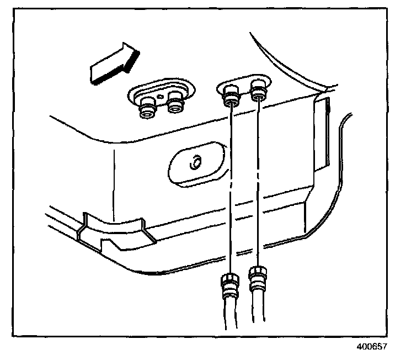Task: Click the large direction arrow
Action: (x=113, y=64)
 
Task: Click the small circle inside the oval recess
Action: (x=194, y=163)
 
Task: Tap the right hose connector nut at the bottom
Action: (x=258, y=279)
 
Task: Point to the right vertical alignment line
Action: (x=259, y=188)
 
